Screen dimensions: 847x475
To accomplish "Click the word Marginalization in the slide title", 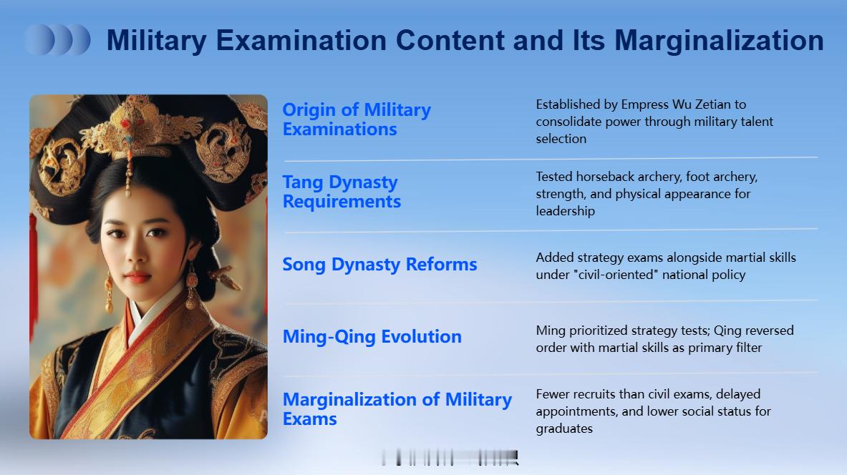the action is (x=719, y=41).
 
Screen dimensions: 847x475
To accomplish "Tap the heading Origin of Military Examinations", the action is (x=357, y=119).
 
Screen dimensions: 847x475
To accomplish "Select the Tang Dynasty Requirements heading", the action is (x=342, y=192).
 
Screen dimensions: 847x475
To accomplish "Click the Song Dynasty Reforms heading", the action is (x=379, y=264).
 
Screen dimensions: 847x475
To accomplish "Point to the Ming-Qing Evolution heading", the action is (x=372, y=336).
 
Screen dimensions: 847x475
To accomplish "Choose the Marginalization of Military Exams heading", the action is (x=397, y=408).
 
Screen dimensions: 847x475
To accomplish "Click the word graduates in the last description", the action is (x=564, y=429).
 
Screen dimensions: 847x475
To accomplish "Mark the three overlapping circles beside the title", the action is (x=57, y=39).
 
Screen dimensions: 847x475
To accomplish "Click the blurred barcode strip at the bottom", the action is (x=450, y=458).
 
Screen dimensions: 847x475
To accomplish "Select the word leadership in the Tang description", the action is (x=565, y=211).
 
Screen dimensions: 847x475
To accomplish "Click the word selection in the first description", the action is (x=561, y=139).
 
